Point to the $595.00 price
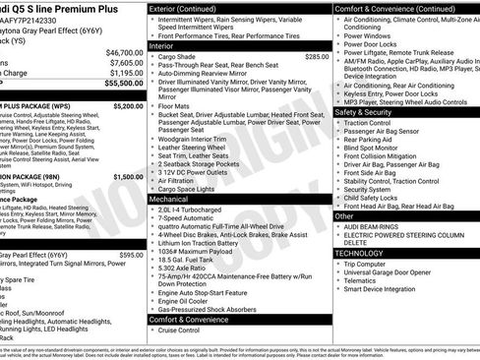131,255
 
